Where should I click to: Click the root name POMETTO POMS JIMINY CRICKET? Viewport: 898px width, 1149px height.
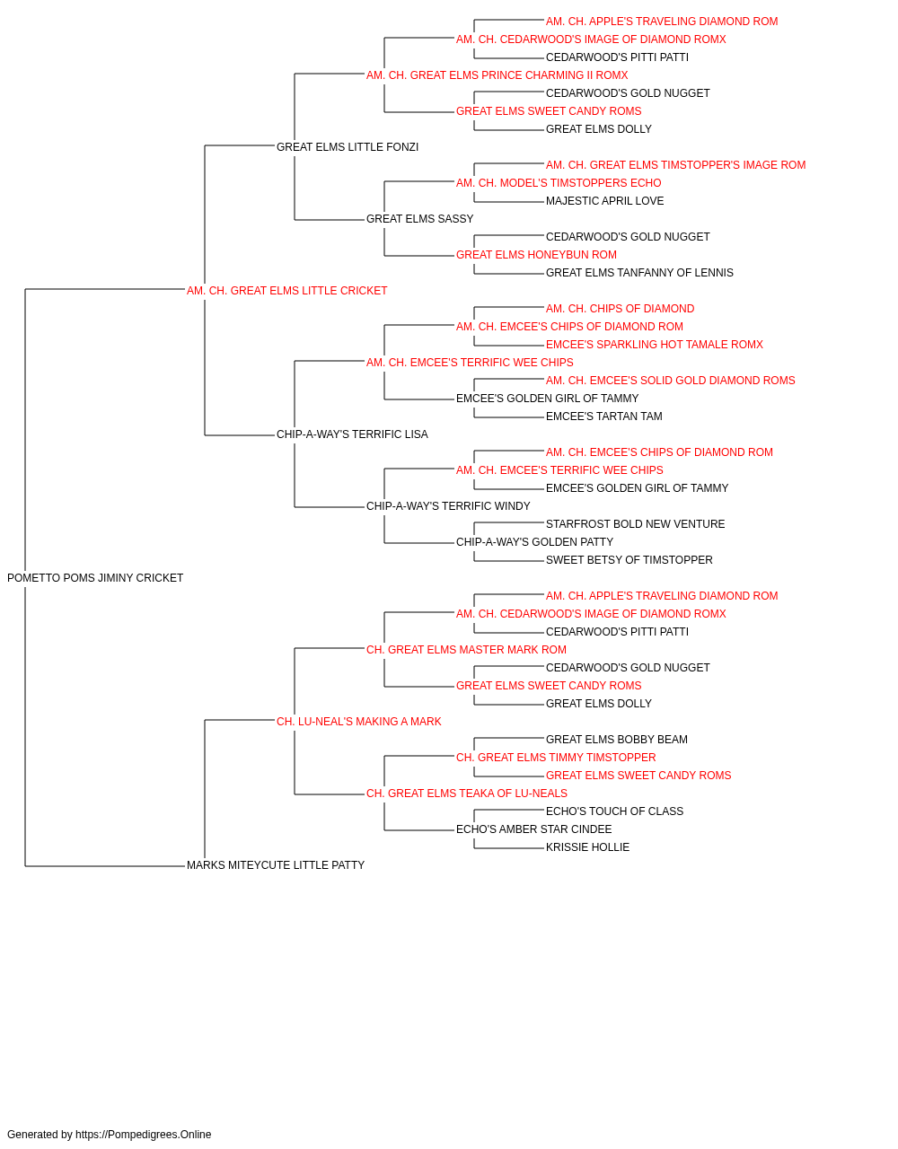[x=95, y=578]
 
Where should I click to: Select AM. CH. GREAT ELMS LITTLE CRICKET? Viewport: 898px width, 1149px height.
[x=286, y=291]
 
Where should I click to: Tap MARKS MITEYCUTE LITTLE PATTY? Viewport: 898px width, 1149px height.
[x=276, y=865]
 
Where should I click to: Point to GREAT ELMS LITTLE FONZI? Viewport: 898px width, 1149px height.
[x=348, y=147]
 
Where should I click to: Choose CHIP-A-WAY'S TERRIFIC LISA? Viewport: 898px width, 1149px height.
[x=352, y=434]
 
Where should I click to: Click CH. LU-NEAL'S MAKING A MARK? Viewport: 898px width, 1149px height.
[x=358, y=722]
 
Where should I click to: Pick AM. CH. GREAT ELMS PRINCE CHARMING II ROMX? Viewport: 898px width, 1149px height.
[x=497, y=75]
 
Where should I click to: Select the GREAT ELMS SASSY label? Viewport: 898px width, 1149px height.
[x=420, y=219]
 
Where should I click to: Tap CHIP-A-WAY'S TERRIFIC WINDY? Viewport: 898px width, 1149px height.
[x=448, y=506]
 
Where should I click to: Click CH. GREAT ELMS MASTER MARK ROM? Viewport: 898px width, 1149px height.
[x=466, y=650]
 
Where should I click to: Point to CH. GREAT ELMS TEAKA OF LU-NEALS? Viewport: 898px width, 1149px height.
[x=467, y=794]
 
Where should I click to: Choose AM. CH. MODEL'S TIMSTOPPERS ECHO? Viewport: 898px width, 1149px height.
[x=559, y=183]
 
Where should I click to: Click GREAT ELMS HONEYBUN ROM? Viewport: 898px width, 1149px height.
[x=536, y=255]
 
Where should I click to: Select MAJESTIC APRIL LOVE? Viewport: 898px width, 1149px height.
[x=604, y=201]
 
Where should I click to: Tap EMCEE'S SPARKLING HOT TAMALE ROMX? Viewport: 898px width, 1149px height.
[x=655, y=345]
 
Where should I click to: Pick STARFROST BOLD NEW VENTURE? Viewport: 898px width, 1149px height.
[x=635, y=524]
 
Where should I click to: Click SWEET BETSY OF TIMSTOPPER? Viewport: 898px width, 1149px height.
[x=629, y=560]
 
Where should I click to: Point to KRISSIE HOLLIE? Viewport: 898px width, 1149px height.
[x=587, y=847]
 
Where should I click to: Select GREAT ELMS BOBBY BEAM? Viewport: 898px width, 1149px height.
[x=617, y=740]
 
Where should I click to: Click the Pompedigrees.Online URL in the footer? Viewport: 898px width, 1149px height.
[x=144, y=1135]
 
